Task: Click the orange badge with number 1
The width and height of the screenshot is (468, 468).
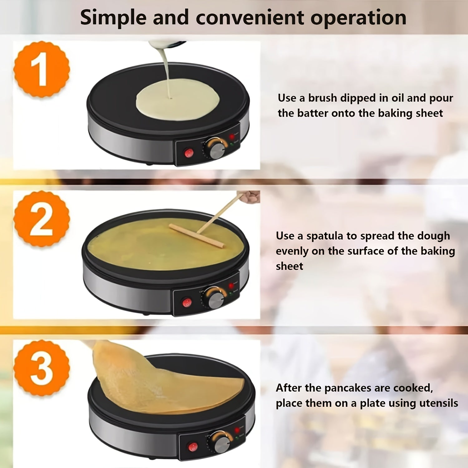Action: [41, 69]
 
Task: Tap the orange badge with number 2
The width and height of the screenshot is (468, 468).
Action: [41, 219]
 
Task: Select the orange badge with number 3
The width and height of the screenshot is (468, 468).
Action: [41, 368]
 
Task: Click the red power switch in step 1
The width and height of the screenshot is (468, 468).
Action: [189, 153]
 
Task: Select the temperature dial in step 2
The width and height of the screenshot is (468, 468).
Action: [215, 298]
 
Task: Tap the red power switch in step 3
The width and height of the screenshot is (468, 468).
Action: [193, 447]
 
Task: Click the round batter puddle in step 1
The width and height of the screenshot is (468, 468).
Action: [178, 101]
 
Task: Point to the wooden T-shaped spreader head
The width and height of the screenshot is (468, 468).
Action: [197, 236]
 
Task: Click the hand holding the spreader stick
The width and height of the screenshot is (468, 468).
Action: [250, 197]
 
